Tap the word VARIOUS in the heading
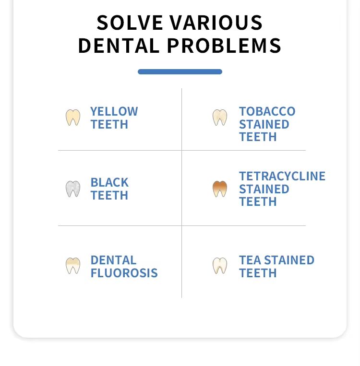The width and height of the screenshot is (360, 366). point(216,23)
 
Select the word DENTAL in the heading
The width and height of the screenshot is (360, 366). point(119,46)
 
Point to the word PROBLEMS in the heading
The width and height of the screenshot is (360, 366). point(224,46)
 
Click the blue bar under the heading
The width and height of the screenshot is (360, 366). point(180,71)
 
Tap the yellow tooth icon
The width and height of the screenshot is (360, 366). point(73,117)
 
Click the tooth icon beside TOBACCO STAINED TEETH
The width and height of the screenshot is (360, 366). point(219,117)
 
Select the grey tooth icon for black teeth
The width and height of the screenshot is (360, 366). point(73,189)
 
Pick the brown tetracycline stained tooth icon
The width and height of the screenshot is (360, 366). point(219,189)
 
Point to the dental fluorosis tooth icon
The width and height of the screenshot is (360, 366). point(73,265)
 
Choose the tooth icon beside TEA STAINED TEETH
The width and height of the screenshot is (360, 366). point(219,265)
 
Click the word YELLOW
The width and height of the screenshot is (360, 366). point(114,111)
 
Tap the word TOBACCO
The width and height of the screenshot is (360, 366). point(267,111)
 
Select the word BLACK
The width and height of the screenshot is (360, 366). point(109,183)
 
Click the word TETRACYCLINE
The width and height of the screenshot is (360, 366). point(282,176)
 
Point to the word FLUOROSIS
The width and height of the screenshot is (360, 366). point(124,273)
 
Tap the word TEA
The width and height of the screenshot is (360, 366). point(250,260)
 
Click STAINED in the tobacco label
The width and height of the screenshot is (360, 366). point(264,124)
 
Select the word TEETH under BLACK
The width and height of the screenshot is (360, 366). point(109,195)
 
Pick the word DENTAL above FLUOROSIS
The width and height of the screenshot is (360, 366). point(114,260)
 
